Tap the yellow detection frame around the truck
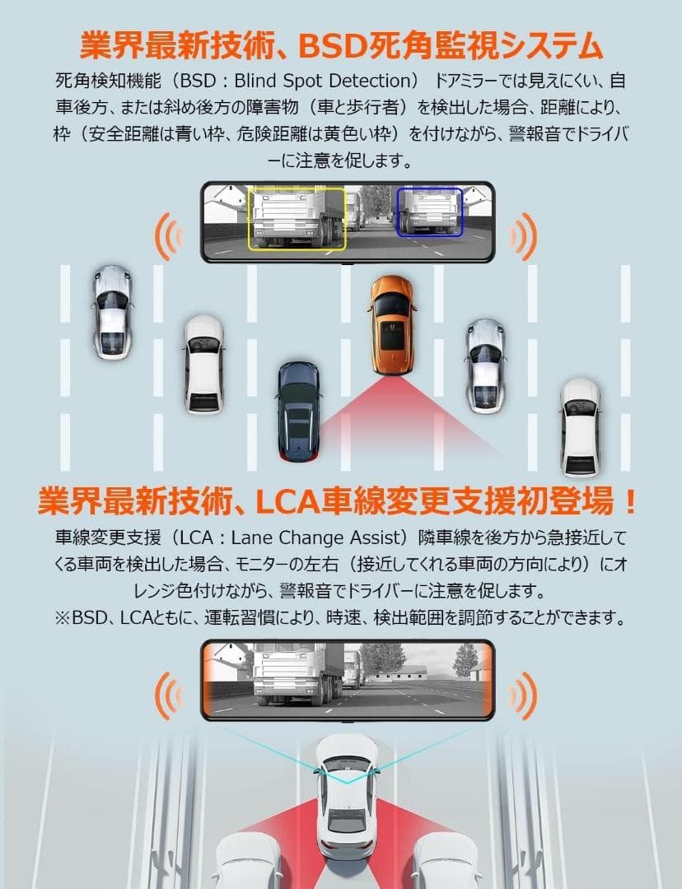(297, 218)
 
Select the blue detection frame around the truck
(429, 210)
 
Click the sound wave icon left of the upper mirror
(168, 236)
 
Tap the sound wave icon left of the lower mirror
(168, 691)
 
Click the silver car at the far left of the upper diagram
(112, 311)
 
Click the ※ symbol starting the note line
(62, 617)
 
